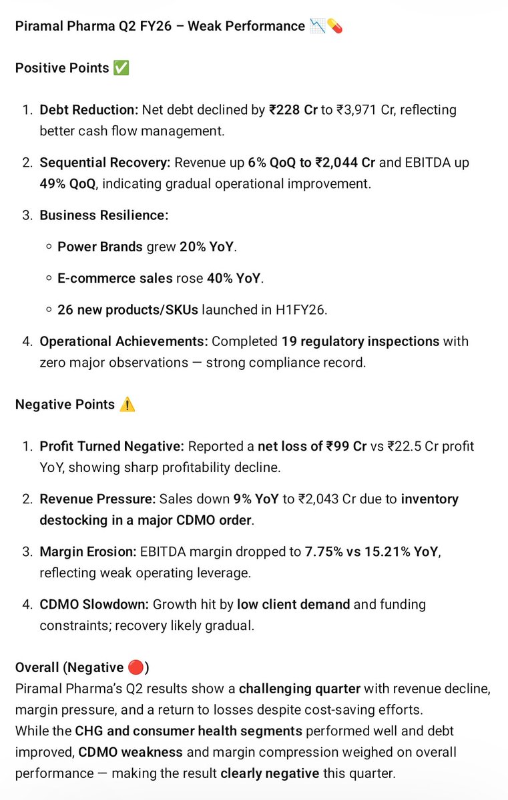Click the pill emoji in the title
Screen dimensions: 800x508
point(334,27)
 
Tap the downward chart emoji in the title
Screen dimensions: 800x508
point(318,27)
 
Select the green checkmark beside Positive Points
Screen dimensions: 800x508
point(121,68)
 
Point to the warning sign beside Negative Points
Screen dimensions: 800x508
point(127,405)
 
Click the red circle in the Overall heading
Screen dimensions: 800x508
point(136,667)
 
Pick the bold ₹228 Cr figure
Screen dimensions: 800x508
point(293,110)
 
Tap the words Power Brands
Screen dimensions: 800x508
point(100,247)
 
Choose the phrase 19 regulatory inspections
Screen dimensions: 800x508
point(360,341)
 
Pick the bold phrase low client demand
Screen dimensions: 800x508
point(293,604)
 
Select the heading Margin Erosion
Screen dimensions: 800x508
point(87,551)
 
